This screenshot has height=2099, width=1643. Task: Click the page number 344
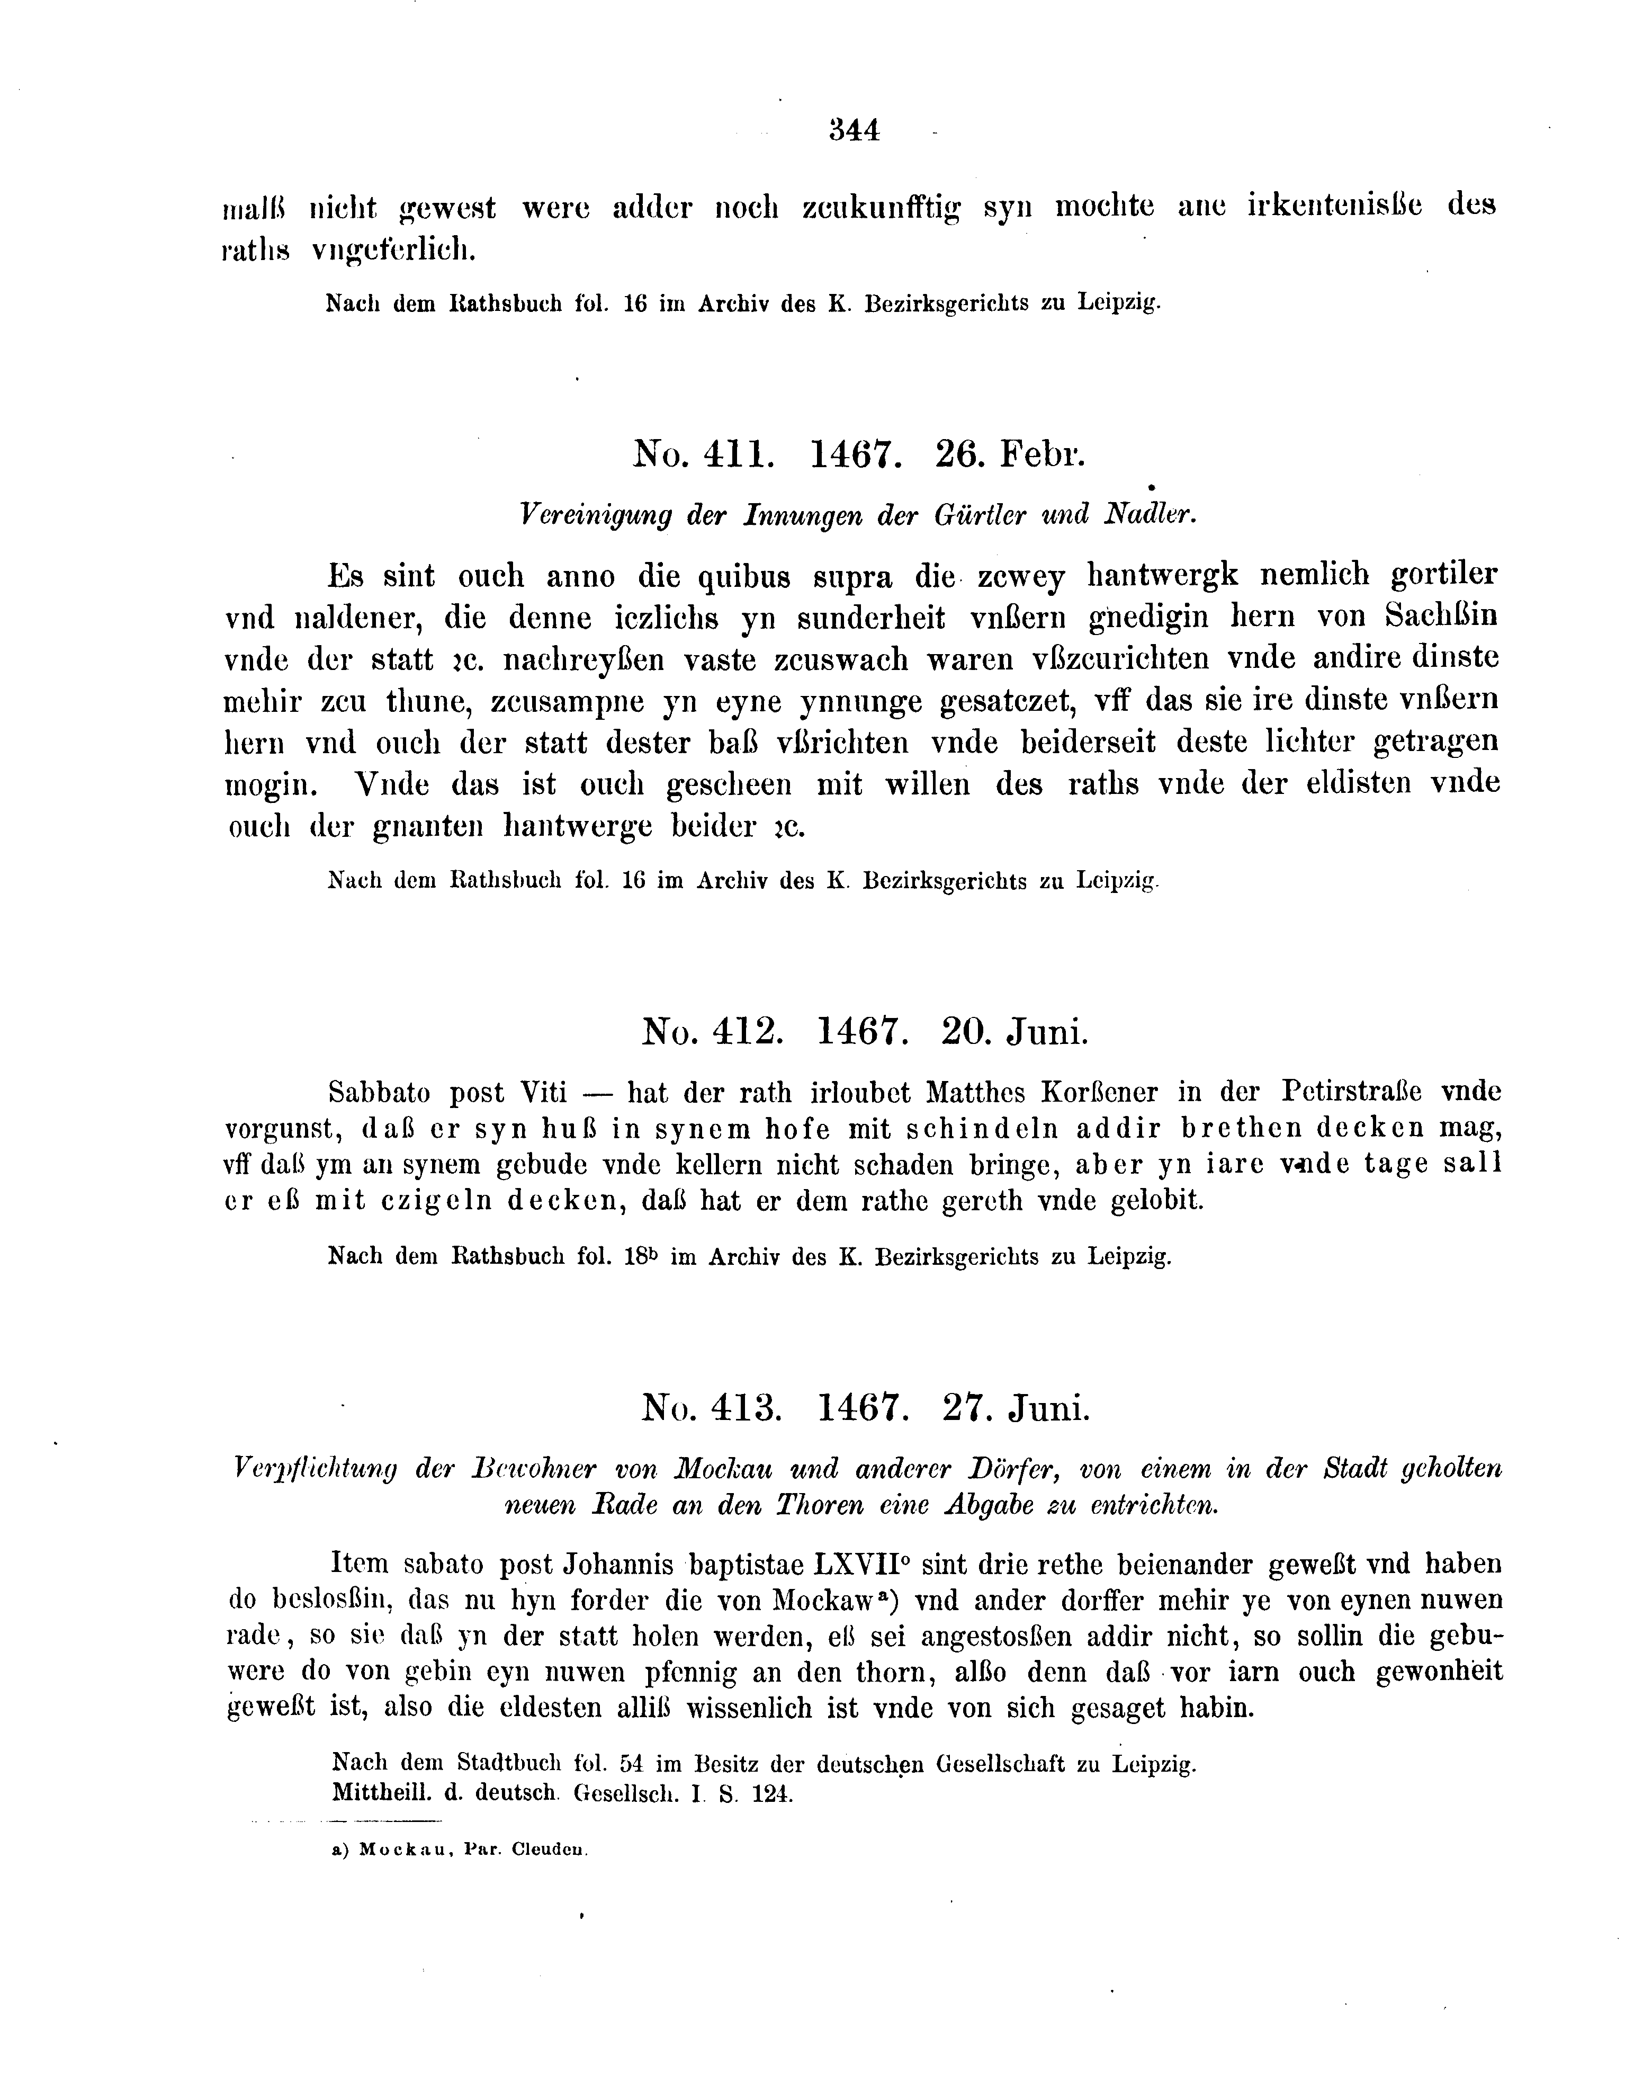[854, 130]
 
